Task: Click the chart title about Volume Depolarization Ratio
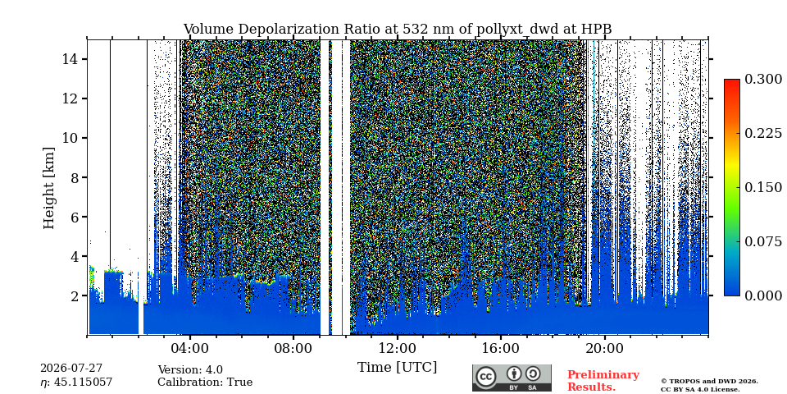(x=397, y=30)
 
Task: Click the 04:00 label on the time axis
(x=189, y=348)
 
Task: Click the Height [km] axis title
(x=48, y=188)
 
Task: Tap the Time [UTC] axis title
(x=397, y=368)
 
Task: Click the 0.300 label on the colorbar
(x=763, y=80)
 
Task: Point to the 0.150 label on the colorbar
(x=763, y=187)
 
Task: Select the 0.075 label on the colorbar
(x=763, y=241)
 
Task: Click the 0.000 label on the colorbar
(x=763, y=296)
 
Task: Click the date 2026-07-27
(x=71, y=369)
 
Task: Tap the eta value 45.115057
(x=76, y=383)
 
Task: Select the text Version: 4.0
(x=190, y=370)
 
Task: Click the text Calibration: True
(x=205, y=383)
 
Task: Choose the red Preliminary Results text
(x=603, y=381)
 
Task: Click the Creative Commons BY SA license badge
(x=512, y=378)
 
